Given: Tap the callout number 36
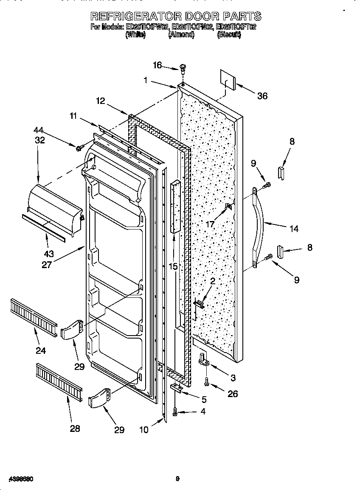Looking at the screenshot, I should (262, 96).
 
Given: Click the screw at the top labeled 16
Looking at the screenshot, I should (183, 67).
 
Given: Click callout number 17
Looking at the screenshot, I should (210, 224).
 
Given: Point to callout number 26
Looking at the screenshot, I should (232, 394).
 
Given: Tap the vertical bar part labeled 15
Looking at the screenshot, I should (176, 207).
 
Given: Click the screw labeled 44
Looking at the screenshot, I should (79, 148).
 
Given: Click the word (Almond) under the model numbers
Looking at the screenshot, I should (181, 36).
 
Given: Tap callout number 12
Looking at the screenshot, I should (100, 101).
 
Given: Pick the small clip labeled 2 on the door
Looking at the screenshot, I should (199, 303).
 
